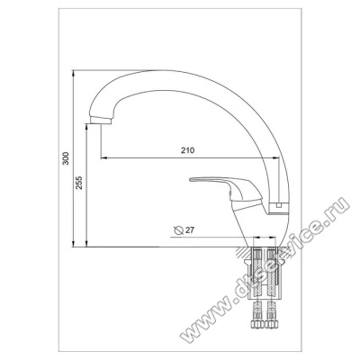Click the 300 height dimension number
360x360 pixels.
coord(66,158)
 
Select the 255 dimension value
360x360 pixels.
coord(78,183)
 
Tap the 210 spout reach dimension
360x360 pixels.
coord(187,150)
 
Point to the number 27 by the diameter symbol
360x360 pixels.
coord(190,230)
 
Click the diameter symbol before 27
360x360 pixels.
coord(178,230)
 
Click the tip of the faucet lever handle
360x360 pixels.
coord(191,180)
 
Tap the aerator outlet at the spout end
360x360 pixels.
coord(101,121)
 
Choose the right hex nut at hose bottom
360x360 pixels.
coord(272,324)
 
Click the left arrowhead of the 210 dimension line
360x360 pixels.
coord(103,157)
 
